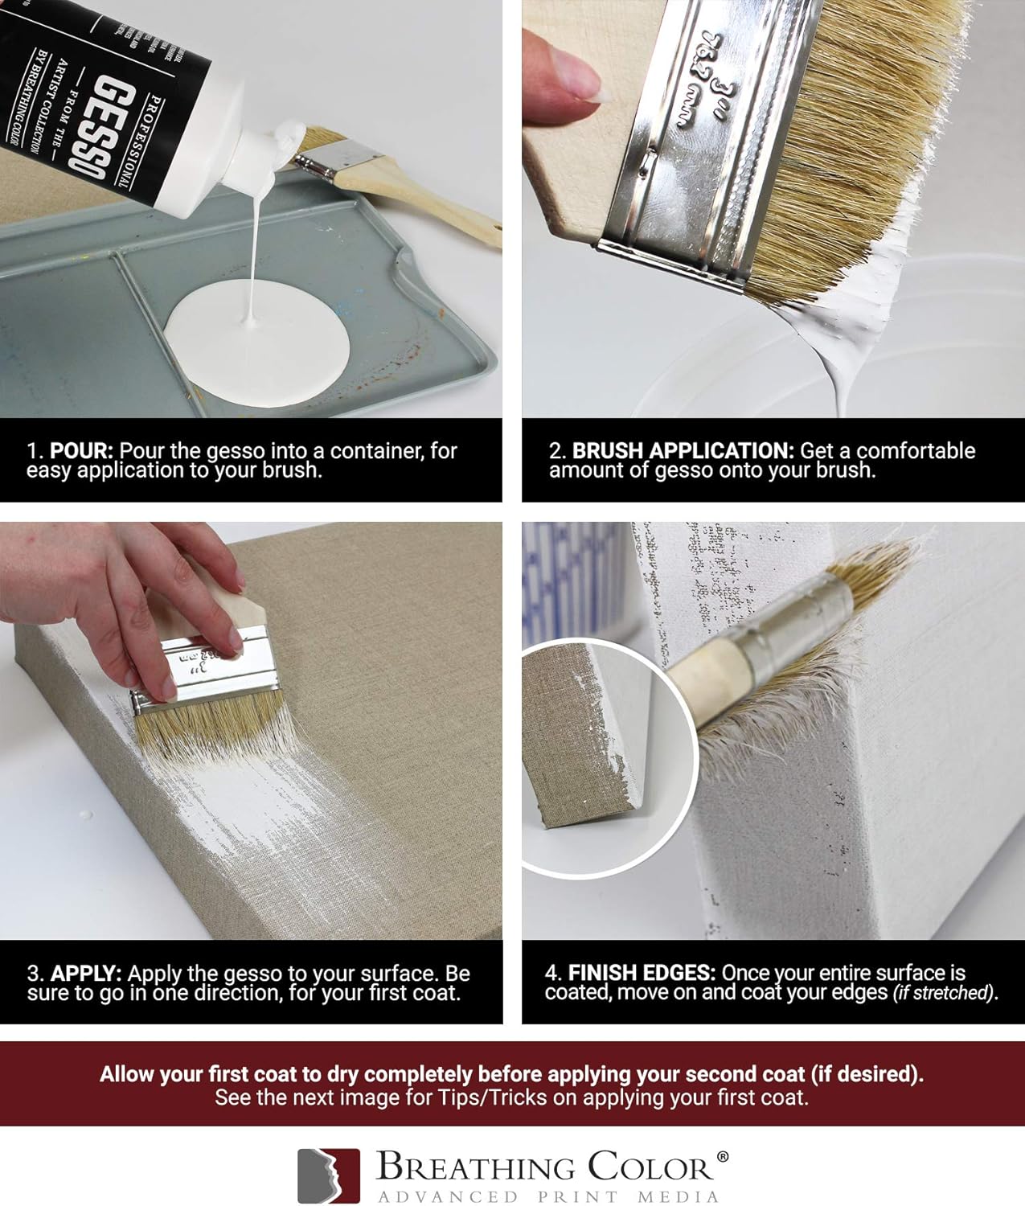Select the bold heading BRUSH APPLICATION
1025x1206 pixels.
[x=683, y=451]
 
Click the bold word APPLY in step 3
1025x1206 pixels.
[x=86, y=974]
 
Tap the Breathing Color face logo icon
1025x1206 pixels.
[x=328, y=1175]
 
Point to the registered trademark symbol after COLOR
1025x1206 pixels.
[x=722, y=1157]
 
